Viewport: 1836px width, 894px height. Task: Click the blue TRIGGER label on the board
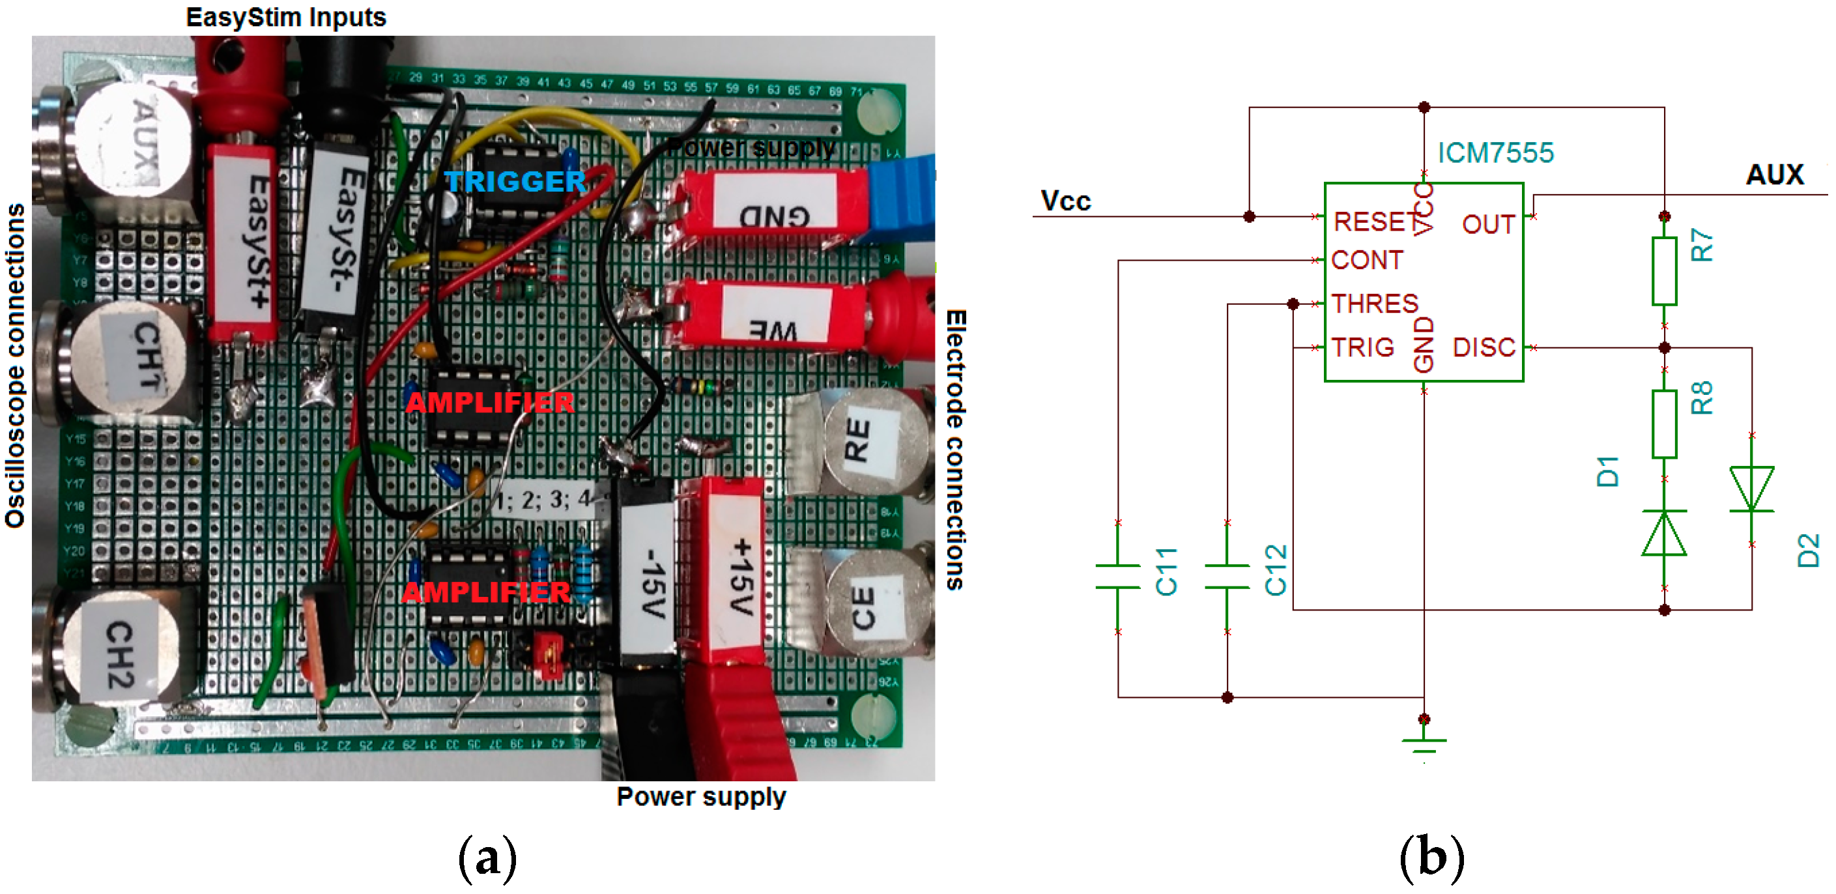tap(515, 182)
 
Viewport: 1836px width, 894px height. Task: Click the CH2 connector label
tap(120, 653)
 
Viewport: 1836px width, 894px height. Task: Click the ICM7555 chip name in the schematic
tap(1495, 152)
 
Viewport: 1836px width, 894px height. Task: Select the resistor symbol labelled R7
tap(1663, 271)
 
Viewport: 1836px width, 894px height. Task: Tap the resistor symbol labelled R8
tap(1663, 424)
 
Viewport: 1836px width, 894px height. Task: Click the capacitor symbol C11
tap(1117, 576)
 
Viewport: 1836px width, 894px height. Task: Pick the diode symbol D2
tap(1751, 489)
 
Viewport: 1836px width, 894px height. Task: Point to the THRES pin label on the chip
tap(1375, 304)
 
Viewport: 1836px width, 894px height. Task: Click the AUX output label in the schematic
tap(1774, 175)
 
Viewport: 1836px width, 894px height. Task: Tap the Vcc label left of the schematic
tap(1065, 201)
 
